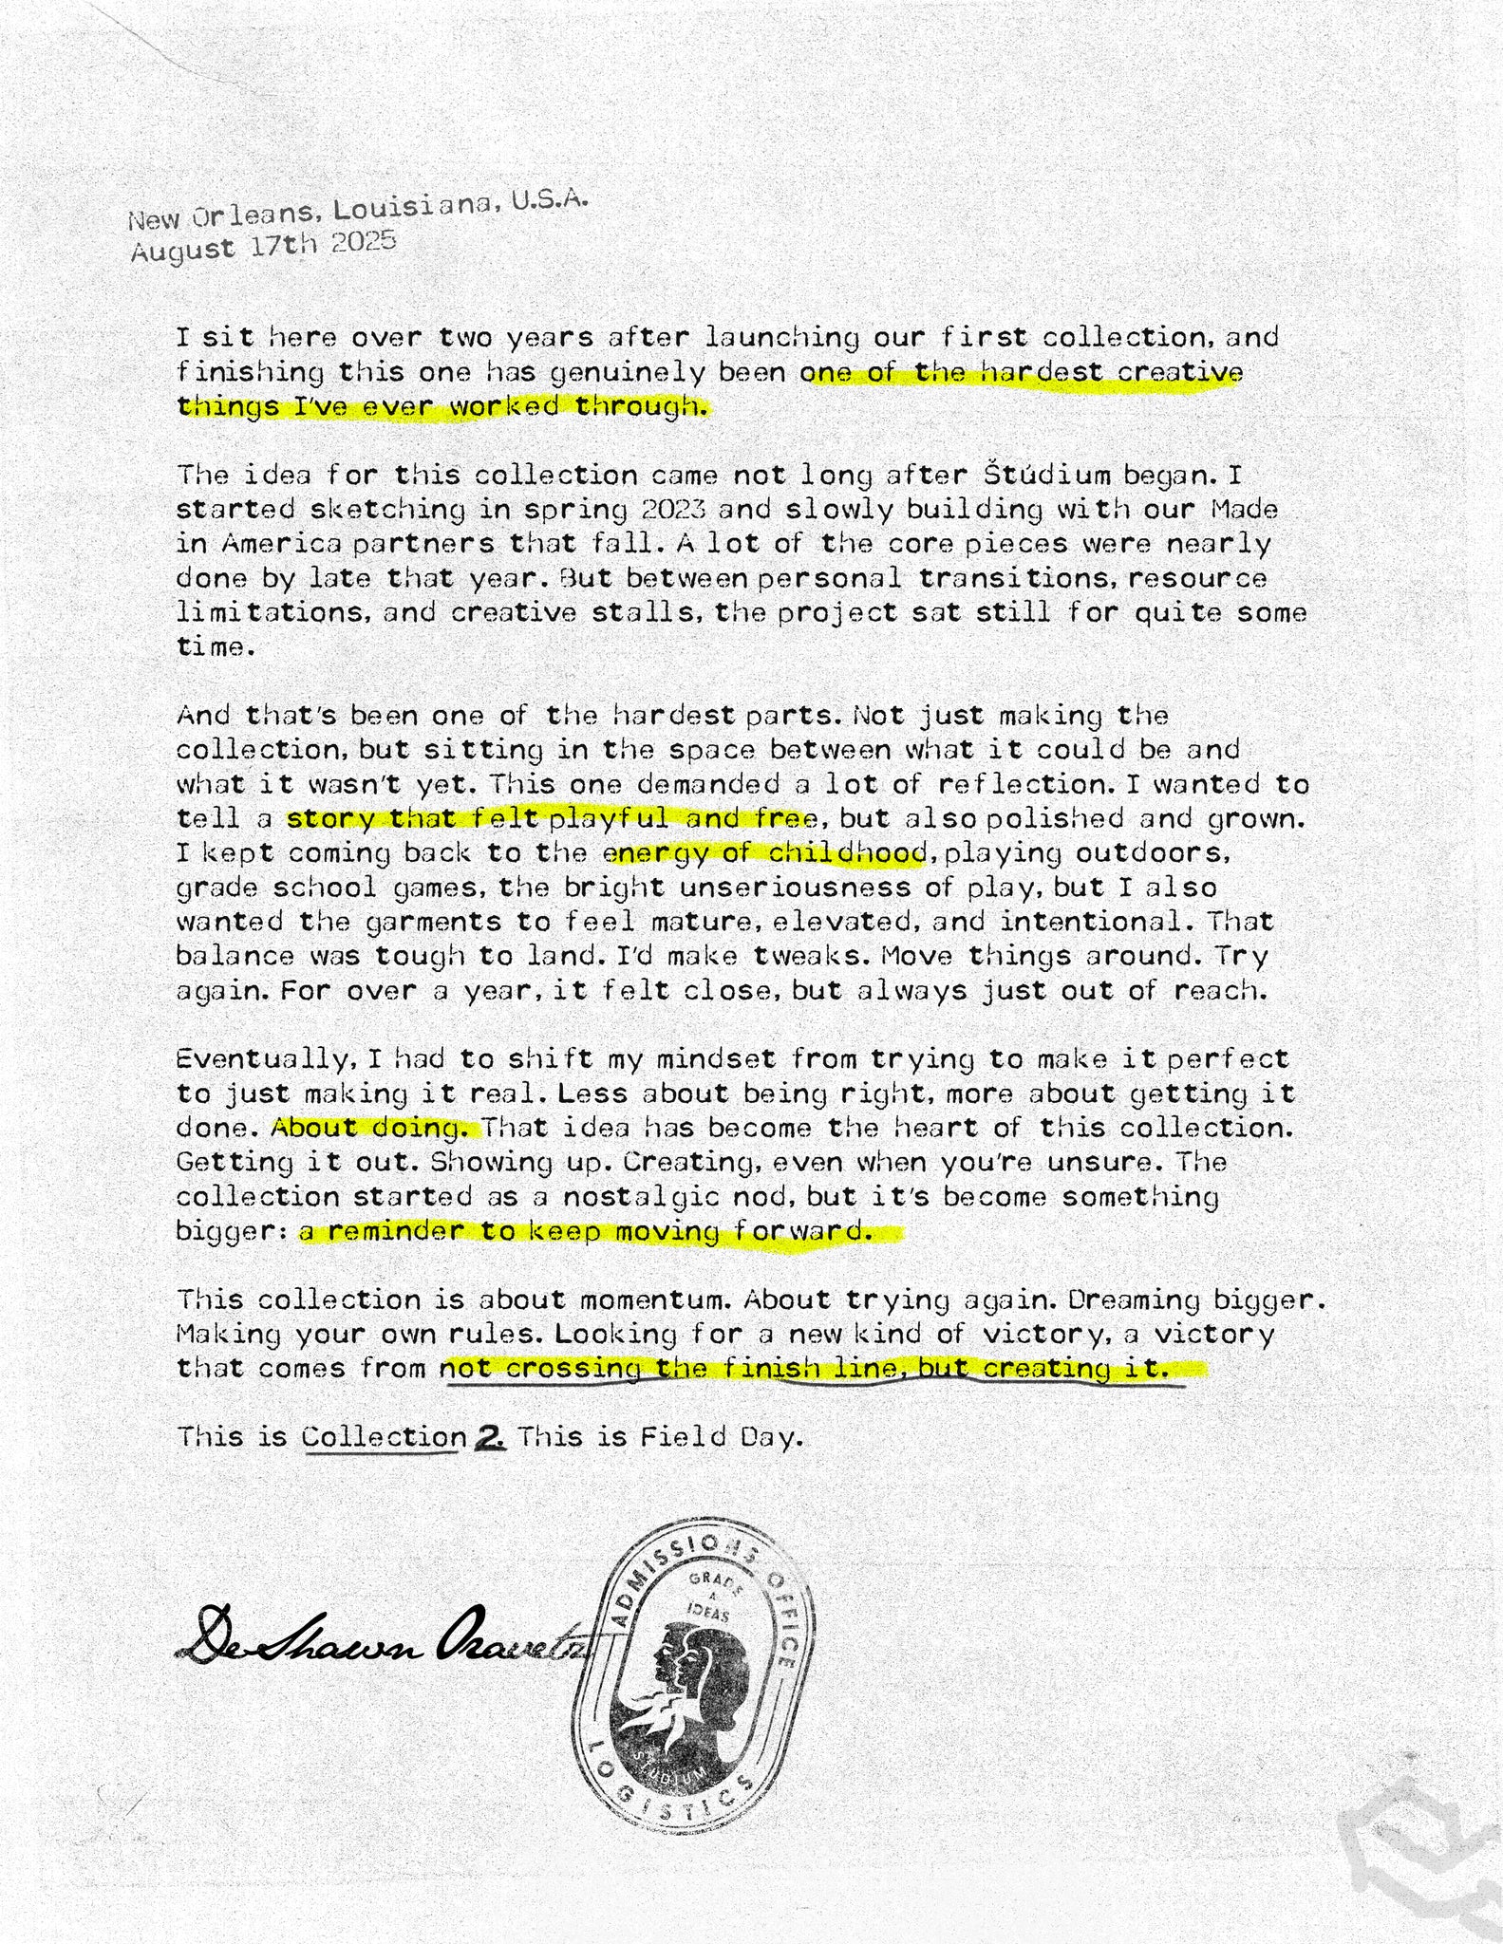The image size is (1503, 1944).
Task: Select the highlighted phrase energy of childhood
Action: coord(765,853)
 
